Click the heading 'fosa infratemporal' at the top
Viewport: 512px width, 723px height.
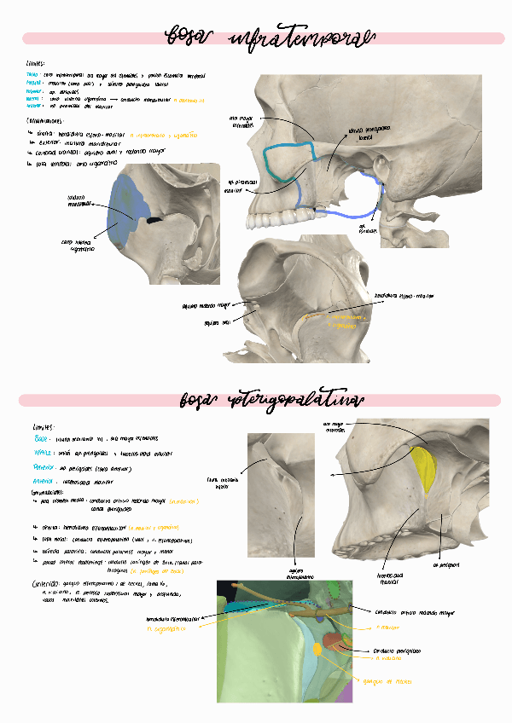tap(268, 38)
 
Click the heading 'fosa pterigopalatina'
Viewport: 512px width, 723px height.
tap(272, 400)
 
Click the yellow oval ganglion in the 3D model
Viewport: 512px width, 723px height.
tap(318, 650)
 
